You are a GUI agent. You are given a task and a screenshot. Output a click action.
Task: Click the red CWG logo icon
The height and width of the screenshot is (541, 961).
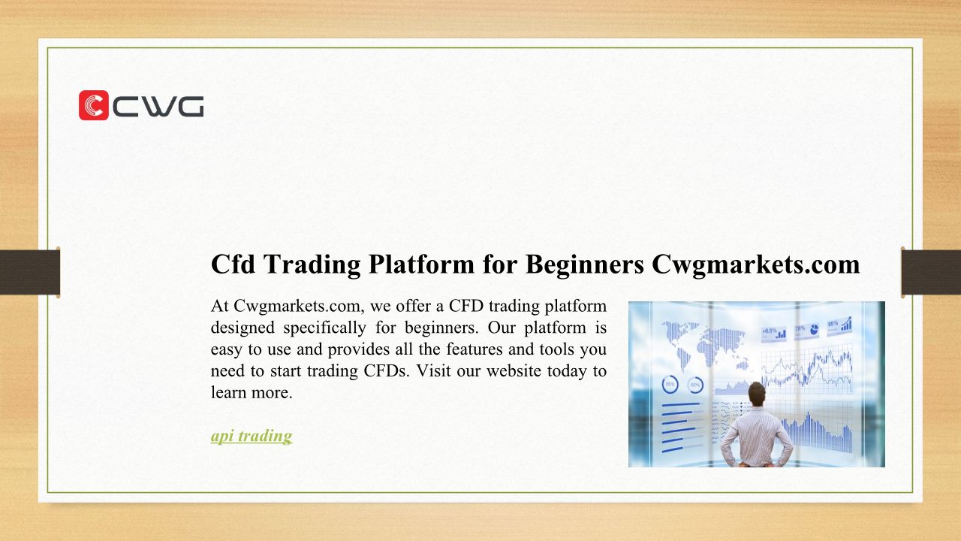point(94,105)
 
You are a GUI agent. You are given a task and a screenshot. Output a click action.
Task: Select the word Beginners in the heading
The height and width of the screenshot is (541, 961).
point(585,264)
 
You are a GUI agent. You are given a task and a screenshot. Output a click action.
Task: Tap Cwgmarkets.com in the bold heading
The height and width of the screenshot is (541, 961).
point(756,264)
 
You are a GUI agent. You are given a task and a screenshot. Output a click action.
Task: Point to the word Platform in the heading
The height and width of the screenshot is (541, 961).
point(421,264)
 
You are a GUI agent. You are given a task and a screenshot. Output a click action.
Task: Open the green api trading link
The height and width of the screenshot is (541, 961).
point(252,436)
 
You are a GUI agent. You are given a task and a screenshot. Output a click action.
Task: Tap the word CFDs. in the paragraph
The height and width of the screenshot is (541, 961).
point(387,370)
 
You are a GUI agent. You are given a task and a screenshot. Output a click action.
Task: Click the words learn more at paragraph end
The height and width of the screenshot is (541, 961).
point(252,392)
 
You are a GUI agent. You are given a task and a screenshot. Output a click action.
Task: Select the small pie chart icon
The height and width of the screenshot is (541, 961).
point(814,330)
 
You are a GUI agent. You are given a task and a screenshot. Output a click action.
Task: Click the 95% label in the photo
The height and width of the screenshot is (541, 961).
point(833,323)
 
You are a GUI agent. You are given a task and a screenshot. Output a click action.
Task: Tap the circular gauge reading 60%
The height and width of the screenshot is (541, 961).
point(695,385)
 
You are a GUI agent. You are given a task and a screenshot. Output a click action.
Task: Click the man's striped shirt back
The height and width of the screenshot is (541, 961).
point(756,437)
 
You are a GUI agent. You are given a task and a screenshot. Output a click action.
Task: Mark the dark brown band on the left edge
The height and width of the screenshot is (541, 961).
point(30,272)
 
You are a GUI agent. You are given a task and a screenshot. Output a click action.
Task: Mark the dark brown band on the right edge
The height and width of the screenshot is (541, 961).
point(931,272)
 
